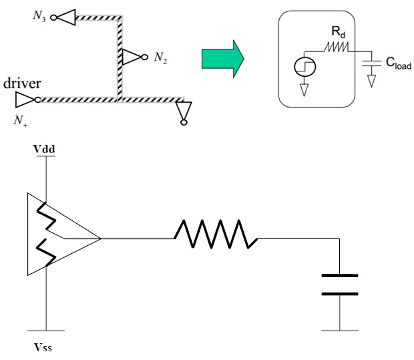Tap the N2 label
coord(160,58)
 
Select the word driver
coord(23,84)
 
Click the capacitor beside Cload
coord(370,63)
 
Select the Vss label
coord(45,348)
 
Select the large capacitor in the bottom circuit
coord(340,284)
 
